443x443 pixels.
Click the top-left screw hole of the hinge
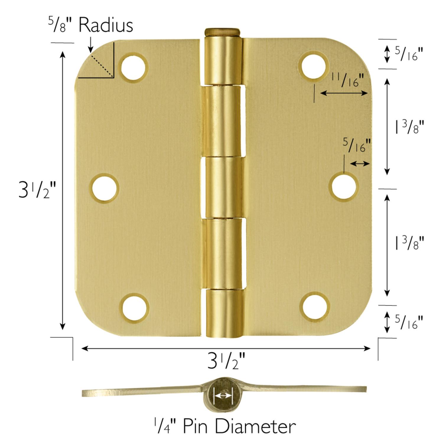[134, 68]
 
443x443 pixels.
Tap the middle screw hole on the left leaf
[105, 188]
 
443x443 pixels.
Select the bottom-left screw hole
[135, 307]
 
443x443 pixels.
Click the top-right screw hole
[313, 66]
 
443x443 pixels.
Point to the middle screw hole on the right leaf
[343, 186]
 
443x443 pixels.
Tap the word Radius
[106, 25]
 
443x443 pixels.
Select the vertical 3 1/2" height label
[37, 190]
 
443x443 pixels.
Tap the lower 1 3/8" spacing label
[410, 243]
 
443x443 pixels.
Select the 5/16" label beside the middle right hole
[357, 145]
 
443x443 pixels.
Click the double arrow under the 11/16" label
[344, 93]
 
